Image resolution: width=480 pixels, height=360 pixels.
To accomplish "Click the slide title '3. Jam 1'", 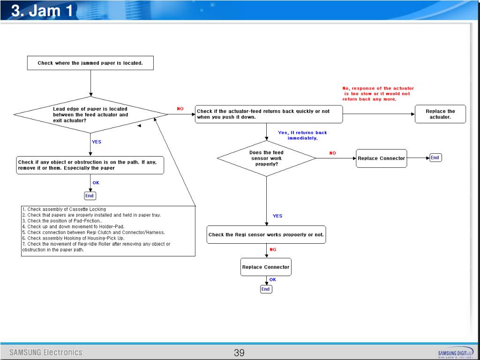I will coord(42,10).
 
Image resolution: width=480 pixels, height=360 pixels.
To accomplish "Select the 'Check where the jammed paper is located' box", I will coord(90,63).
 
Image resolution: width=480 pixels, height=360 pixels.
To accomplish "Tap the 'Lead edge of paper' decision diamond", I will coord(90,114).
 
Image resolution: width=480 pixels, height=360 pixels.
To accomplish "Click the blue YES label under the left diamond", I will coord(97,142).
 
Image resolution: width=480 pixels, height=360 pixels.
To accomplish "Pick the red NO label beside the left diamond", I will coord(180,109).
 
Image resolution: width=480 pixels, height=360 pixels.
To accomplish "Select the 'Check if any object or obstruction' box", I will coord(90,165).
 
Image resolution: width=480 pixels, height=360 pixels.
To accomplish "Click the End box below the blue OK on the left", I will coord(90,195).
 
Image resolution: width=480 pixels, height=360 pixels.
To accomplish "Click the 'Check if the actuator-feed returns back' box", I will coord(268,114).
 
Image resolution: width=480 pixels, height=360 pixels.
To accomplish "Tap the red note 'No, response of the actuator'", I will coord(378,93).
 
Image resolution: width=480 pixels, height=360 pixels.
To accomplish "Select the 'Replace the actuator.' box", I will coord(440,114).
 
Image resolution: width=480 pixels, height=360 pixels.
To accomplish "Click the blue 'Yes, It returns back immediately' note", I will coord(302,135).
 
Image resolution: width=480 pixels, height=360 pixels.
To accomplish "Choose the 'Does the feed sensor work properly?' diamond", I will coord(266,158).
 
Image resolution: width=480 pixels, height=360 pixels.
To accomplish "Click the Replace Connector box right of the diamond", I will coord(381,158).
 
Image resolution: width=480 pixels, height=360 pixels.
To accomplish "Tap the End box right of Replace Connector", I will coord(435,157).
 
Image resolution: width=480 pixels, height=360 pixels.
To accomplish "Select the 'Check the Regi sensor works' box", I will coord(266,235).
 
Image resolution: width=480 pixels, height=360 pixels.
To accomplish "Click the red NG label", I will coord(273,249).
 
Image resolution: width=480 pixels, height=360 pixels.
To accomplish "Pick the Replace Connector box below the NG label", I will coord(266,267).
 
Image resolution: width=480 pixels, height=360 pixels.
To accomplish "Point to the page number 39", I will coord(239,353).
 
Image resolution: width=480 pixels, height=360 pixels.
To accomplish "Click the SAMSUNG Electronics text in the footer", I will coord(46,352).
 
